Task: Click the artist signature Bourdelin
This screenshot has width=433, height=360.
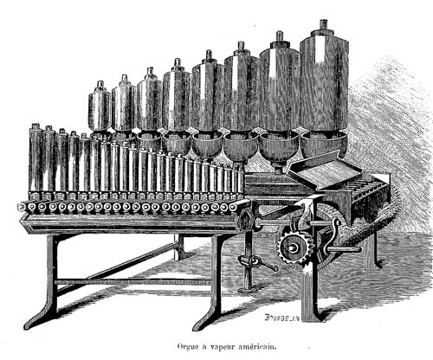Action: (282, 318)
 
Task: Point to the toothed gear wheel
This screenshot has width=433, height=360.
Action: (294, 247)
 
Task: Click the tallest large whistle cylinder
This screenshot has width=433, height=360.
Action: (324, 80)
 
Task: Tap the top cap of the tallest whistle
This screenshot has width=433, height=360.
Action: (324, 25)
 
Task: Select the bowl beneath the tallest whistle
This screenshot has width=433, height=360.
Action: (324, 145)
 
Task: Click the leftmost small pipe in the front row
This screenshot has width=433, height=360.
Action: (35, 158)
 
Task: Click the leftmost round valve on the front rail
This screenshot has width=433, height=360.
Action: (22, 207)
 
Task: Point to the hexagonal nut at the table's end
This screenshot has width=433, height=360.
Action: (245, 221)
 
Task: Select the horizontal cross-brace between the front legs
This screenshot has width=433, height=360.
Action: (133, 282)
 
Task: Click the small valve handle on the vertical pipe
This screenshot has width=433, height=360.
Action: (257, 262)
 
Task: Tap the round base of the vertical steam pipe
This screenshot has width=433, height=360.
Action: (249, 288)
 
